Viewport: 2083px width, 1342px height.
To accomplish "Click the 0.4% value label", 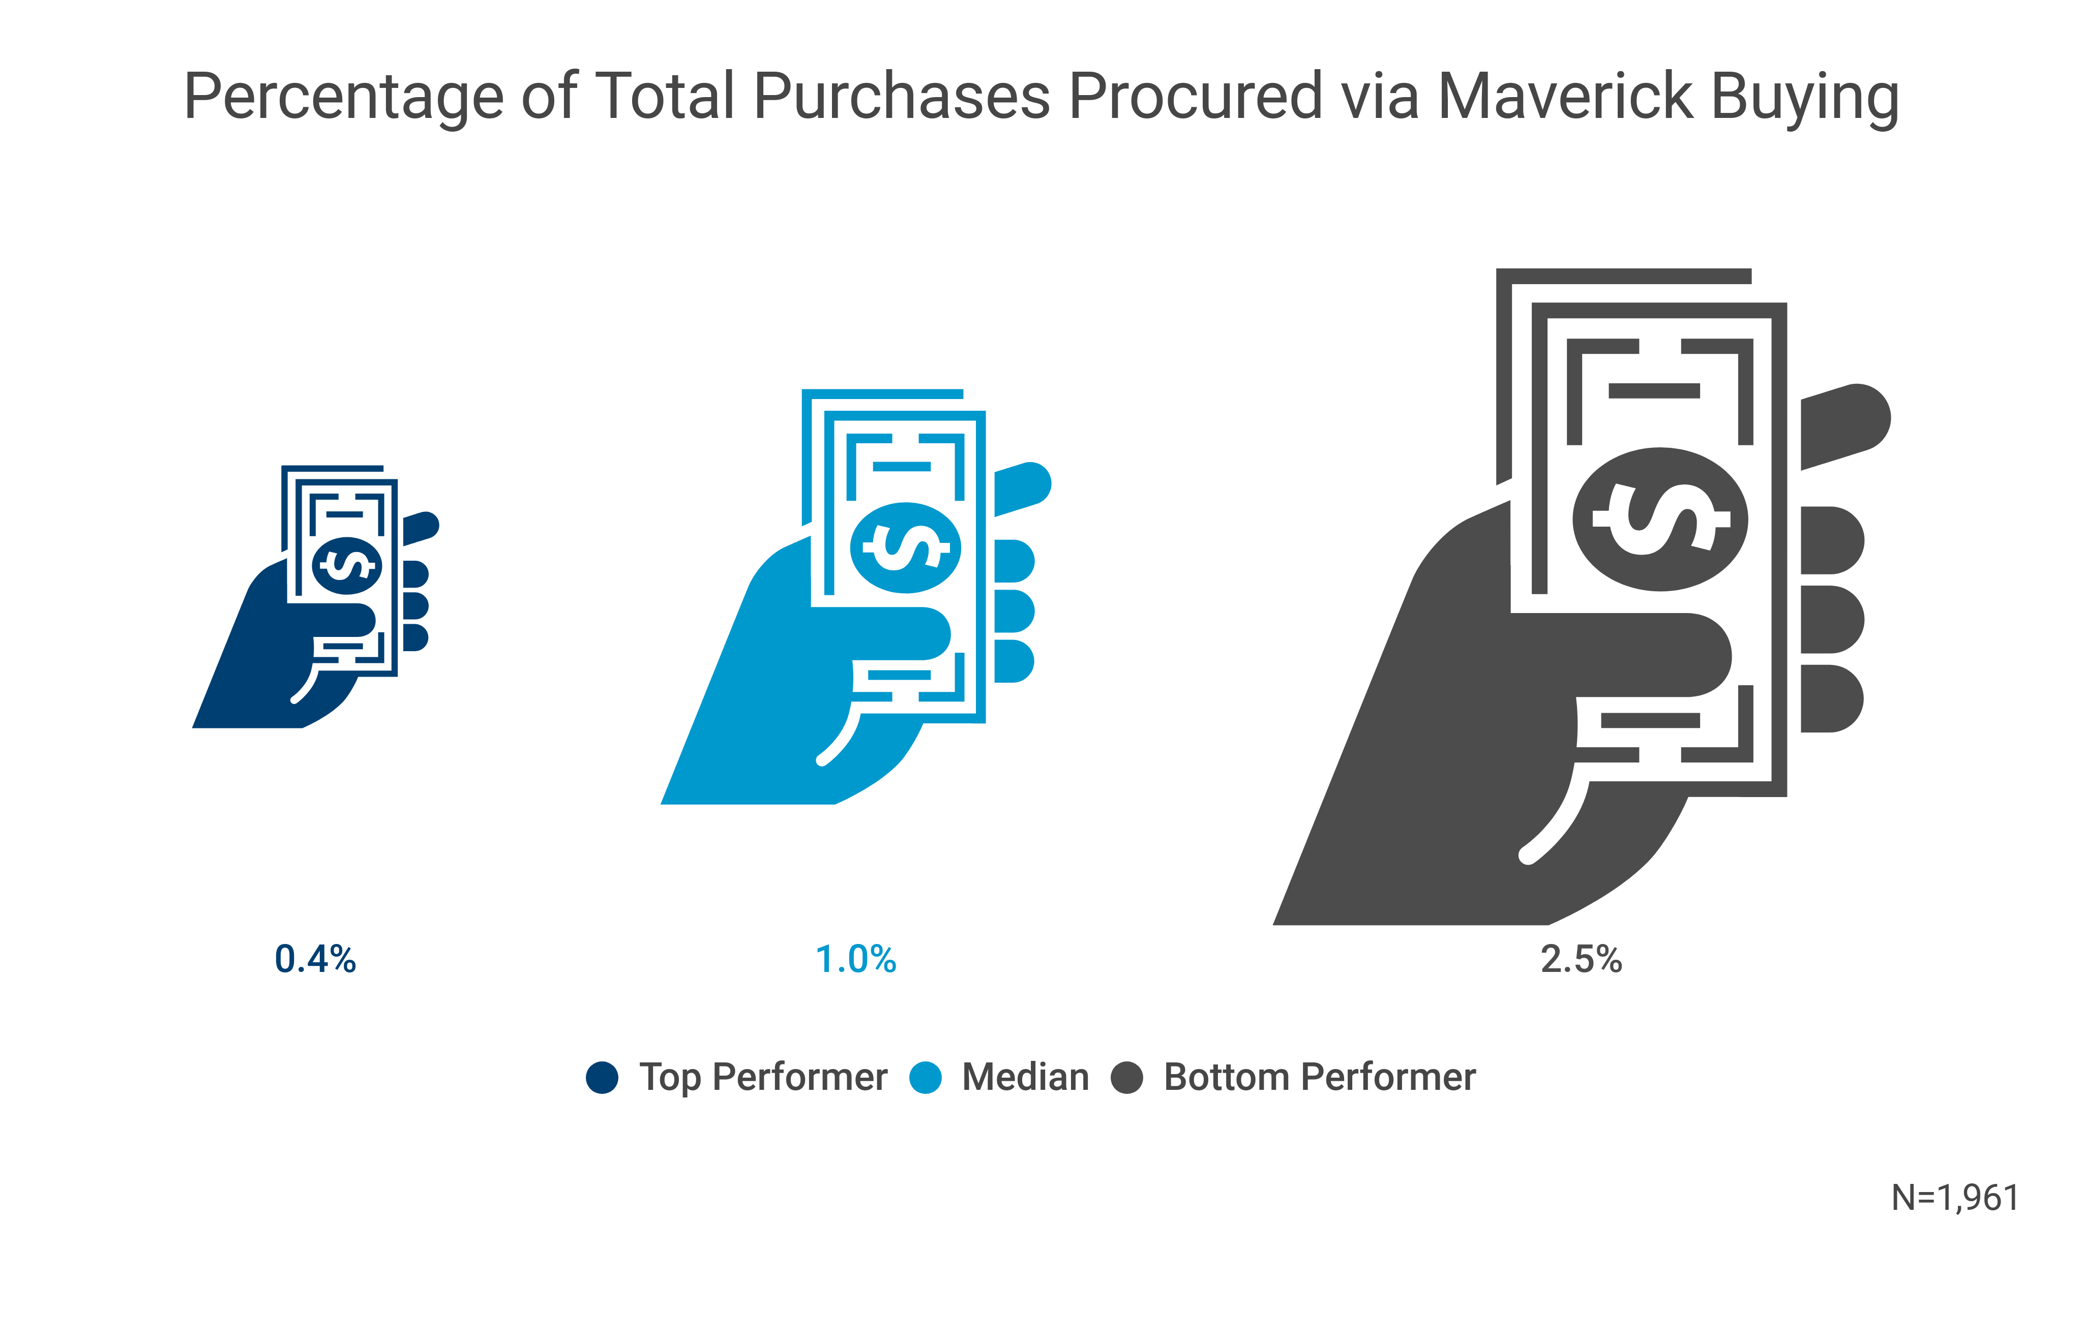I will (315, 959).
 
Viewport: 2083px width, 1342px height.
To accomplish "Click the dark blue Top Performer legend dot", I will (602, 1077).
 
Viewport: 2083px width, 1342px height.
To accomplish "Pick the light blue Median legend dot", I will (925, 1077).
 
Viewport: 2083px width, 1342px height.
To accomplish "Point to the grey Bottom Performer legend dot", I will (1126, 1077).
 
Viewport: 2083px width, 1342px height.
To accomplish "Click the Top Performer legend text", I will (763, 1077).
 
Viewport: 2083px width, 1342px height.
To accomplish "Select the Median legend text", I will (1025, 1077).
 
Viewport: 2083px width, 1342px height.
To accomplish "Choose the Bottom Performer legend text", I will (1320, 1077).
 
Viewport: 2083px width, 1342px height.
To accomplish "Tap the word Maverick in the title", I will (1564, 96).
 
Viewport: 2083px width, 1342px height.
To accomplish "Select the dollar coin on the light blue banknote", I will (906, 547).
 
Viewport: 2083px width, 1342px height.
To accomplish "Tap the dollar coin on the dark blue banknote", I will (347, 566).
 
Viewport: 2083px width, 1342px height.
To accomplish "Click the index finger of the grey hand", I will (1843, 427).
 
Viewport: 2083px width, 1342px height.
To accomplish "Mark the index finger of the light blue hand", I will (1022, 488).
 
